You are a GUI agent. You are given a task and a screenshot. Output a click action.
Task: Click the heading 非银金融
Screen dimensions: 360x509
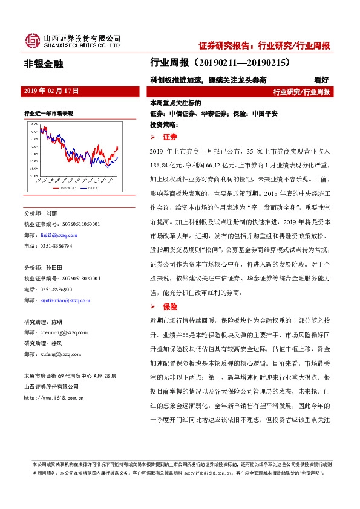(43, 62)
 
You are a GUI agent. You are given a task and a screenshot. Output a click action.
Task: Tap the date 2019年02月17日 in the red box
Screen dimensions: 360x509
(51, 90)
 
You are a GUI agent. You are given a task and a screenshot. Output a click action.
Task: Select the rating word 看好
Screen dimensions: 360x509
(321, 79)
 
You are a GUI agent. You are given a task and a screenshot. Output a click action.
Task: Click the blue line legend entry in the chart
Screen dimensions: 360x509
(90, 188)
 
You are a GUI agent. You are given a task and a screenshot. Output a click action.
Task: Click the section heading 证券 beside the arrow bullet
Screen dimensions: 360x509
(169, 138)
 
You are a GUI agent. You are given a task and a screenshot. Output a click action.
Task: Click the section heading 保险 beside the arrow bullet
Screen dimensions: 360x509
(169, 306)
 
